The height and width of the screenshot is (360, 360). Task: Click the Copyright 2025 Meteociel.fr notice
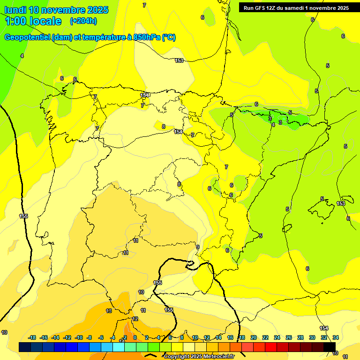[199, 357]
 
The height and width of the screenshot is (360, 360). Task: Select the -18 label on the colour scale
[32, 337]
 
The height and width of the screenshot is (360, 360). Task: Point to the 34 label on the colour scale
[336, 337]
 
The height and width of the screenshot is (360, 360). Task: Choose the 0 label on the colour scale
[135, 337]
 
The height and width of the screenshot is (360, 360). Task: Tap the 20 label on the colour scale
[254, 337]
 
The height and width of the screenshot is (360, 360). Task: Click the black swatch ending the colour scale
[330, 347]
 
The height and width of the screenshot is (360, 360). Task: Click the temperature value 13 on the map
[109, 311]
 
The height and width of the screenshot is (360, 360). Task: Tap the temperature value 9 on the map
[198, 247]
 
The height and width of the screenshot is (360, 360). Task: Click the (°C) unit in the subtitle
[169, 37]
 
